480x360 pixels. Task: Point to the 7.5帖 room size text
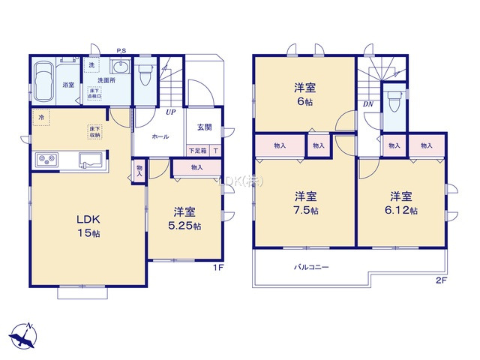tap(306, 211)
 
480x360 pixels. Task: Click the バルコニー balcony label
tap(310, 266)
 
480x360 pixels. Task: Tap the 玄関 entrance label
tap(204, 127)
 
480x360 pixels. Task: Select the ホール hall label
tap(160, 137)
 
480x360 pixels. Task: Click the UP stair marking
tap(171, 112)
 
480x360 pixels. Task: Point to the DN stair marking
tap(368, 103)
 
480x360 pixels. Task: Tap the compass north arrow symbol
tap(24, 334)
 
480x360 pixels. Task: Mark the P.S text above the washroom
tap(121, 51)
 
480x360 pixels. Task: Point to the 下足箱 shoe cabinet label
tap(199, 150)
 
